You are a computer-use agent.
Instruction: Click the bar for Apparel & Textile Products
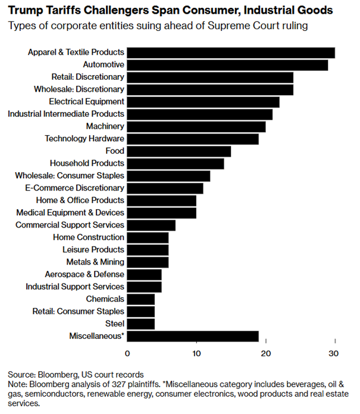tap(231, 52)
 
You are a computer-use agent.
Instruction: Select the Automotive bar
tap(227, 65)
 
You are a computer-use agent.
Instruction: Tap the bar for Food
tap(179, 151)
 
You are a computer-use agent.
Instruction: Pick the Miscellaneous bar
tap(193, 337)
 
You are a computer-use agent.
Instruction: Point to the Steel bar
tap(141, 324)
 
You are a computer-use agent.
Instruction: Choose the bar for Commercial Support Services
tap(151, 225)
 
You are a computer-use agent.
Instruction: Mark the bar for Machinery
tap(196, 126)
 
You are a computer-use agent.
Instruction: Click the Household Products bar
tap(176, 163)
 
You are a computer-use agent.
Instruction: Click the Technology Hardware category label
tap(84, 139)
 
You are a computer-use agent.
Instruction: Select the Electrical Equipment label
tap(86, 102)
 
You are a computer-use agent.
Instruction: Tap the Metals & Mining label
tap(95, 262)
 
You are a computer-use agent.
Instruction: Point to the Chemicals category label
tap(105, 299)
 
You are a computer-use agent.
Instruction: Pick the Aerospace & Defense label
tap(84, 275)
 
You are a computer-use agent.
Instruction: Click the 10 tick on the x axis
tap(196, 353)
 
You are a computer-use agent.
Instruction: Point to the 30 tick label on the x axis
tap(334, 353)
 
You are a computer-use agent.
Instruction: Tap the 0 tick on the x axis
tap(127, 353)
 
